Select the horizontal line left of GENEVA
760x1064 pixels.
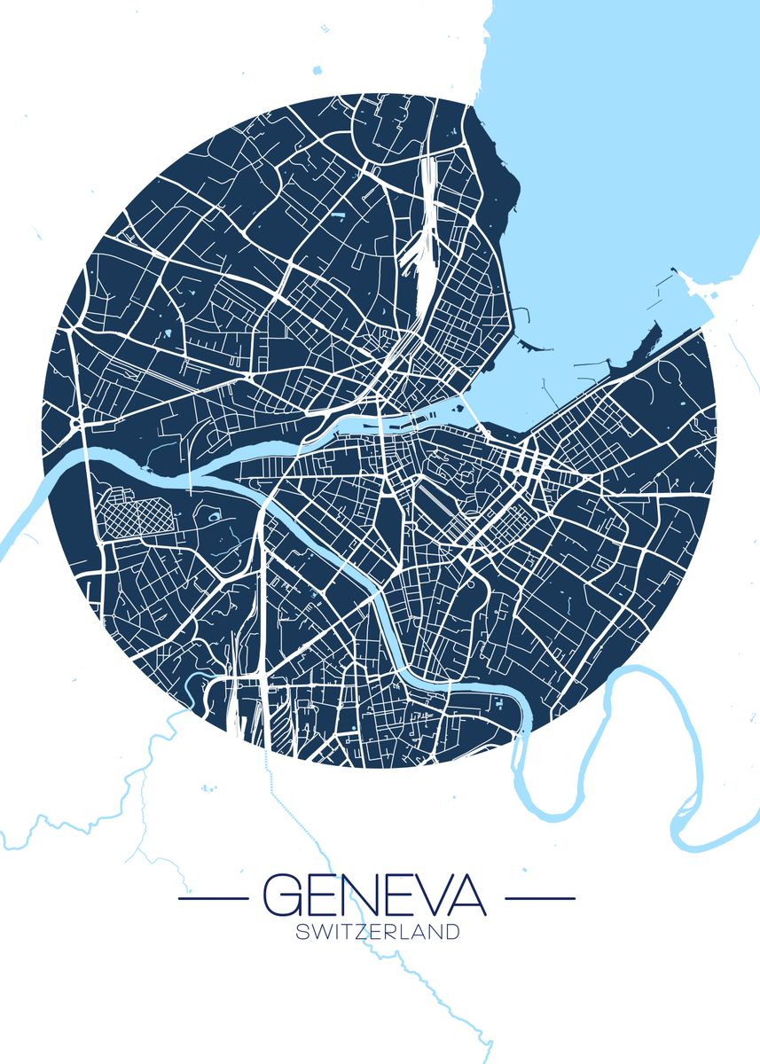(213, 898)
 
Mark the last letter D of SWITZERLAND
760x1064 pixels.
(452, 932)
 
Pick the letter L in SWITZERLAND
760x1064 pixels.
(404, 932)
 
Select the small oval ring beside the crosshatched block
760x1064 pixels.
(213, 514)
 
